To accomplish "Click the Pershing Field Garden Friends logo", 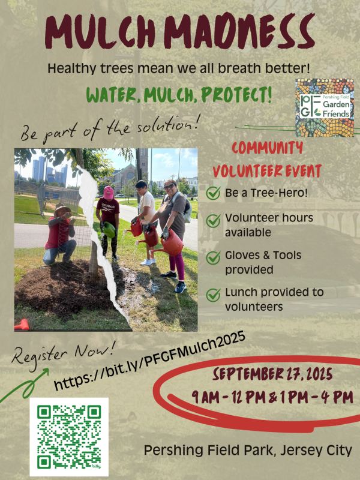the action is [325, 107].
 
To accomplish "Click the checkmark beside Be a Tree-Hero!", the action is [213, 193].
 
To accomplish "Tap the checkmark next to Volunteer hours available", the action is [213, 221].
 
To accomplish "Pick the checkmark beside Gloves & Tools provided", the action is [213, 258].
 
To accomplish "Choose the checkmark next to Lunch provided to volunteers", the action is [213, 295].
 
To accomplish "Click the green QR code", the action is [69, 437].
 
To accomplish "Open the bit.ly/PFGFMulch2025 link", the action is [149, 361].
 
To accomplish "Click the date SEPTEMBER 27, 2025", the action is [273, 374].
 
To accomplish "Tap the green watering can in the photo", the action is [109, 230].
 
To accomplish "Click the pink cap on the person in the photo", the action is [108, 193].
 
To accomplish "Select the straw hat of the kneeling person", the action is [62, 209].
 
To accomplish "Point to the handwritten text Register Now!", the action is [64, 353].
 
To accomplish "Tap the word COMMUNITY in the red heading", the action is [267, 148].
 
